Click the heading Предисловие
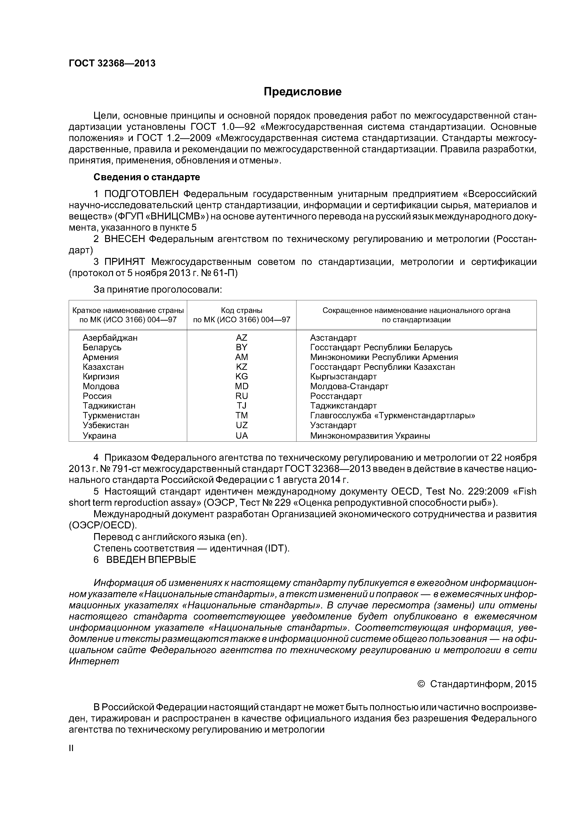pyautogui.click(x=302, y=92)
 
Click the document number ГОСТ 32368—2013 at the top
pyautogui.click(x=112, y=63)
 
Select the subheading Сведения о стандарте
pyautogui.click(x=146, y=177)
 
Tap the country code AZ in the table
pyautogui.click(x=241, y=338)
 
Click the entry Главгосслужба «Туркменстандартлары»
pyautogui.click(x=392, y=416)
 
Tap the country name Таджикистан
pyautogui.click(x=109, y=406)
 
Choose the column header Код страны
pyautogui.click(x=241, y=310)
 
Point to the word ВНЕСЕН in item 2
pyautogui.click(x=124, y=239)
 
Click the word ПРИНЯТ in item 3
pyautogui.click(x=124, y=262)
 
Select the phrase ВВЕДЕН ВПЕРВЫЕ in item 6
pyautogui.click(x=151, y=560)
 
